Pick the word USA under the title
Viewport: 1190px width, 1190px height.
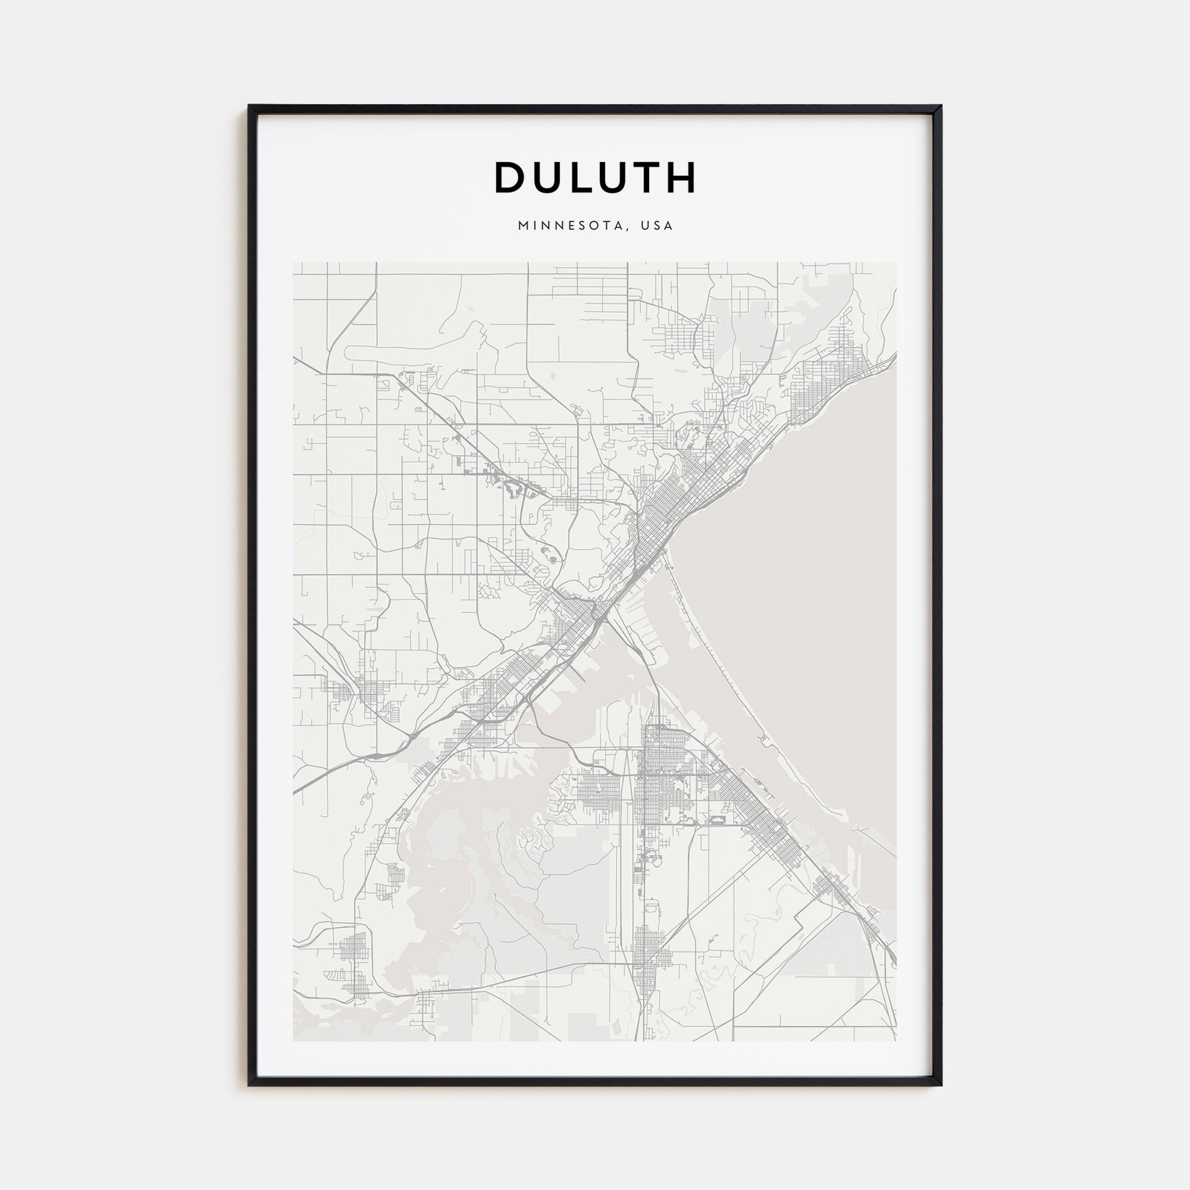click(x=657, y=226)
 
